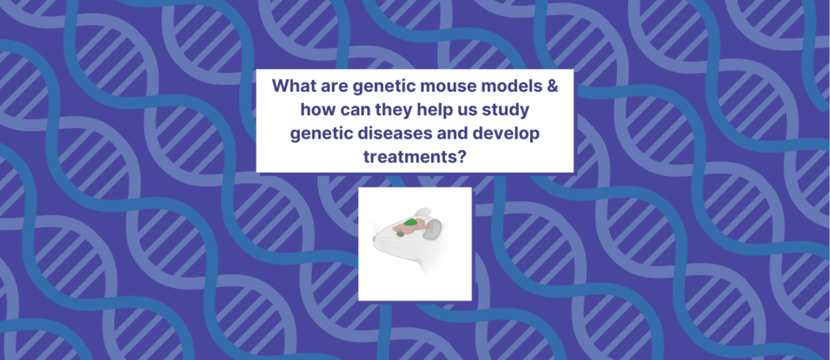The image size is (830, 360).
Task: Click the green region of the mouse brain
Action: pyautogui.click(x=411, y=221)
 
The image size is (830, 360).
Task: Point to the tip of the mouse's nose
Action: pyautogui.click(x=374, y=240)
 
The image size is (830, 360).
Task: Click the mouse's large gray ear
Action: pyautogui.click(x=435, y=229)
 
